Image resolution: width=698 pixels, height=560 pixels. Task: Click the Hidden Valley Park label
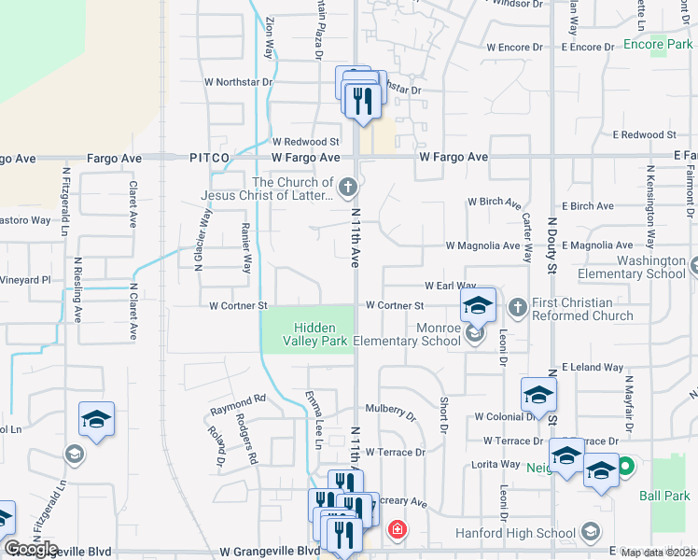pos(307,334)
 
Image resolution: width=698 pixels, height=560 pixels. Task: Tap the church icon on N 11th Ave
pos(348,189)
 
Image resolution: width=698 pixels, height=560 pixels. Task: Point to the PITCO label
pos(209,159)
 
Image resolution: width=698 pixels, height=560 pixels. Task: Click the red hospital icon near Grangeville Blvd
pos(398,531)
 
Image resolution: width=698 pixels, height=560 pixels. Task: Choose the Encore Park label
pos(657,44)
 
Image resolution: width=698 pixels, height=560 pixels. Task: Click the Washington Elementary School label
pos(631,267)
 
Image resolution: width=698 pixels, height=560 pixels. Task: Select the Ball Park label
pos(664,496)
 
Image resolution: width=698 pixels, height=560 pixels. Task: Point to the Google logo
pos(31,549)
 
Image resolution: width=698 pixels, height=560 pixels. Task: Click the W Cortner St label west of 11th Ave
pos(238,305)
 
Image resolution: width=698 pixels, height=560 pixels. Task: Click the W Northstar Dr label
pos(238,81)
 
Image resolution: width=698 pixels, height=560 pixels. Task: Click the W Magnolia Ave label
pos(482,245)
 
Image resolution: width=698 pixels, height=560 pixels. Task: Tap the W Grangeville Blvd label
pos(270,551)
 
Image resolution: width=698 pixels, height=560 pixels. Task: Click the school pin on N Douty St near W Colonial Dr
pos(538,395)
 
